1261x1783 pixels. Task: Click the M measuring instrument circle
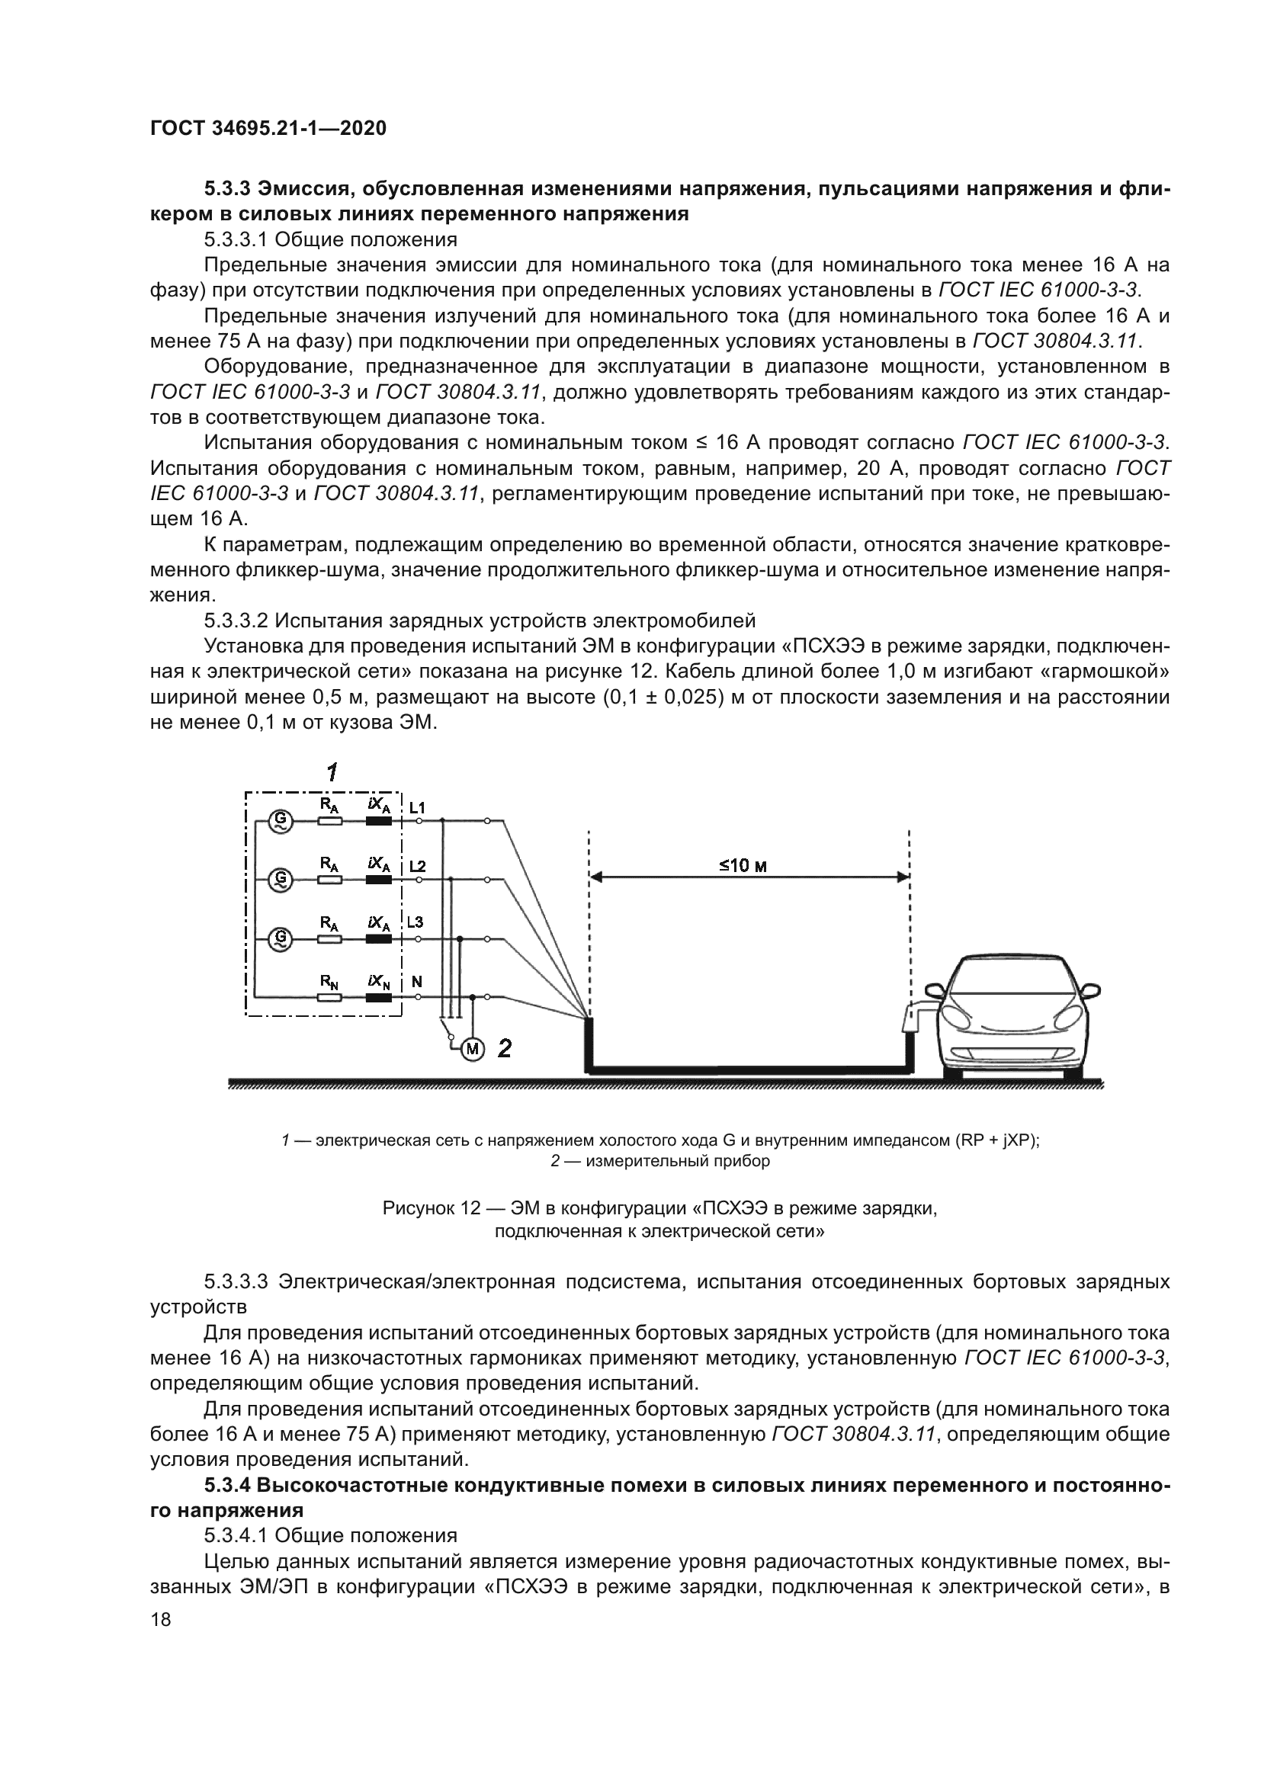(x=472, y=1050)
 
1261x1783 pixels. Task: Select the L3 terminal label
(x=416, y=922)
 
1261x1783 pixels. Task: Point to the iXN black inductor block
(x=379, y=998)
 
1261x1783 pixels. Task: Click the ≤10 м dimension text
(x=743, y=866)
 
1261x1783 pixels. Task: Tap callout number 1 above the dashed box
(x=332, y=772)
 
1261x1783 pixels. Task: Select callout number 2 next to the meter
(x=505, y=1048)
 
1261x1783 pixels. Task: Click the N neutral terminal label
(x=416, y=982)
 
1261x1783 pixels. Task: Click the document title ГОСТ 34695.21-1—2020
(x=268, y=128)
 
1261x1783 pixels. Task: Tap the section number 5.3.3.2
(x=236, y=621)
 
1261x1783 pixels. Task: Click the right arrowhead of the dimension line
(x=904, y=877)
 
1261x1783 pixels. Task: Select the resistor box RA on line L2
(x=330, y=880)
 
